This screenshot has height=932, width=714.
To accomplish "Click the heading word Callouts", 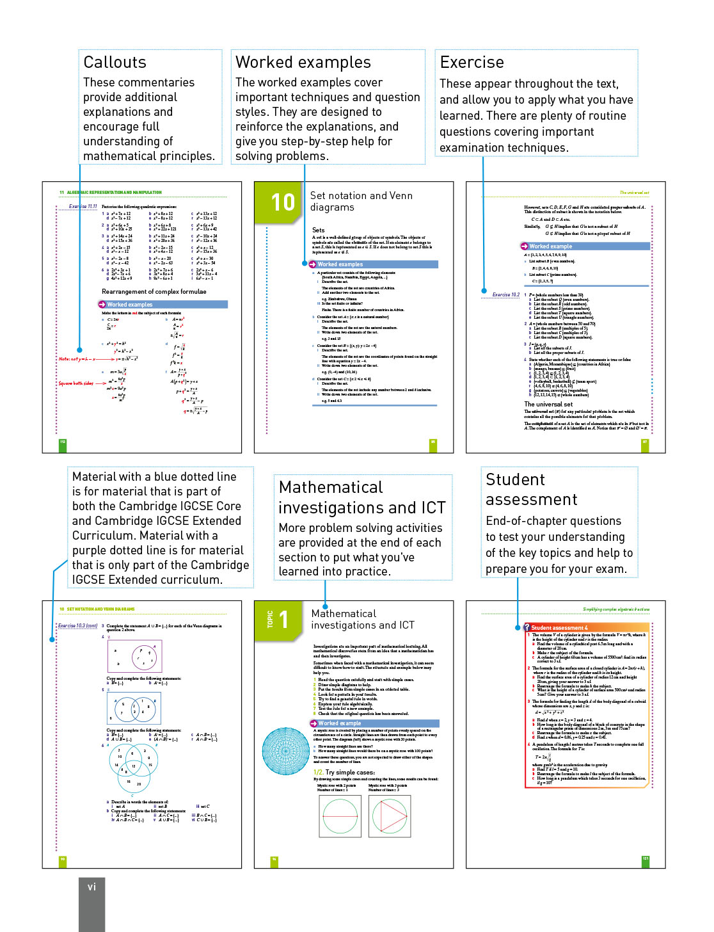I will pos(115,62).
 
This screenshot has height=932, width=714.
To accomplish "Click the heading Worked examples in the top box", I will pos(303,62).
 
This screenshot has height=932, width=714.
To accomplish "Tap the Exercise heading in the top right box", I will pos(472,62).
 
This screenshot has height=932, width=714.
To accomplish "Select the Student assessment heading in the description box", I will pos(531,489).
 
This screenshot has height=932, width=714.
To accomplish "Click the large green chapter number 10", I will pos(283,202).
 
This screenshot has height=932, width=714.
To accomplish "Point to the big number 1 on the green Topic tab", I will pos(284,620).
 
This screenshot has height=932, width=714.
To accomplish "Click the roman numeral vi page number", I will pos(91,887).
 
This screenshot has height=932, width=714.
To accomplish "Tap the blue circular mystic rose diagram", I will pos(286,751).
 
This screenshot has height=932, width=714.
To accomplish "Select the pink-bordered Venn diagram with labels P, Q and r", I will pos(134,655).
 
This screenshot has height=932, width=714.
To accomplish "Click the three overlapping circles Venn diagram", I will pos(133,767).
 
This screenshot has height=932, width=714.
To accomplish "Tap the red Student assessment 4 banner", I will pos(559,627).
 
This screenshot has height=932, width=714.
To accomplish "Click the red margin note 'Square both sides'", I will pos(75,383).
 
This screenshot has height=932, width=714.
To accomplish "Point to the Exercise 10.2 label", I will pos(505,295).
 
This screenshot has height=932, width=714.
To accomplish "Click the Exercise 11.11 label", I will pos(83,207).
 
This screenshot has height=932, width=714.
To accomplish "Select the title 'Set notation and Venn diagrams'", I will pos(361,201).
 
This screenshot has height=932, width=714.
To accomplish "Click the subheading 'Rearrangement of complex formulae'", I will pos(154,291).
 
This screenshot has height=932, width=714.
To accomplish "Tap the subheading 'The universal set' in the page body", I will pos(548,404).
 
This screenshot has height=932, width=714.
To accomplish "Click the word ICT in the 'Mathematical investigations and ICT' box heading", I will pos(433,508).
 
